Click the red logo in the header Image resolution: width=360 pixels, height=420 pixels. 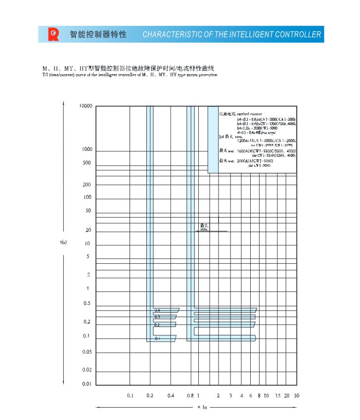[53, 34]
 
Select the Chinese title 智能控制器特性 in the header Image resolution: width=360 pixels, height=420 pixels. [98, 35]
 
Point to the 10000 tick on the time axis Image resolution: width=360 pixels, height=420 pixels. [86, 106]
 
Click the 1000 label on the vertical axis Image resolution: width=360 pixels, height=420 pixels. [87, 149]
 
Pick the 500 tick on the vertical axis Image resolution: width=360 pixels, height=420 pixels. [87, 163]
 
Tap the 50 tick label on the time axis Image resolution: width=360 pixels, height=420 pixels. [88, 211]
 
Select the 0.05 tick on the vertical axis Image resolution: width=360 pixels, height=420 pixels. [87, 352]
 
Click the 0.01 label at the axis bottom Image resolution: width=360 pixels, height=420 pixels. [87, 384]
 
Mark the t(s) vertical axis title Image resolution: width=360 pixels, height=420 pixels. [63, 242]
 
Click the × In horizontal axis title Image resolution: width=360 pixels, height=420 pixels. [202, 407]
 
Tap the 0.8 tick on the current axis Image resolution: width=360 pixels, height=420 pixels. [190, 396]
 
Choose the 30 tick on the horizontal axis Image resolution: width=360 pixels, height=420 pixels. [296, 396]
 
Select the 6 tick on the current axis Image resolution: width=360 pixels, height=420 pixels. [251, 396]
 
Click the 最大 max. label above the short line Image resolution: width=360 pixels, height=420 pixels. [204, 227]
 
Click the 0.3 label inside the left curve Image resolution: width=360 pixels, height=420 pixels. [157, 317]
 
